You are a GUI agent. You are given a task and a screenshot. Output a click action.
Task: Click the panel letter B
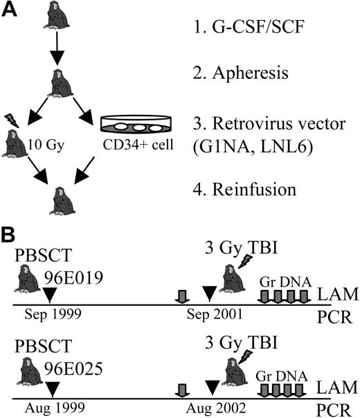tap(9, 236)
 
